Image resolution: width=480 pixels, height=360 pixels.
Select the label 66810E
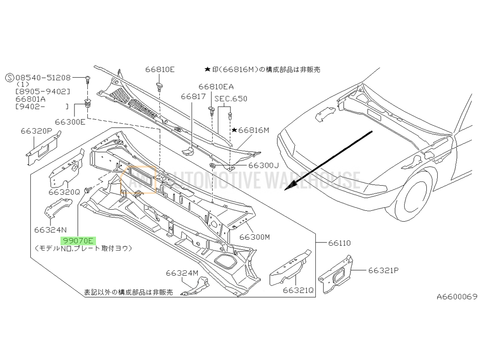pos(159,70)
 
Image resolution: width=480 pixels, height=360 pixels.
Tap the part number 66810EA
pos(216,86)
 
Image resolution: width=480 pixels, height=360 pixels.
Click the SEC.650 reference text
pos(231,99)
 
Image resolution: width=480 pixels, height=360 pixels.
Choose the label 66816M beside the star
pos(253,130)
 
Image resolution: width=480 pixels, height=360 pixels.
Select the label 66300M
pos(255,237)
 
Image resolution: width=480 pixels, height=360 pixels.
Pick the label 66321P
pos(384,270)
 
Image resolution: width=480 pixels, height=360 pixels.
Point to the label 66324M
pos(182,273)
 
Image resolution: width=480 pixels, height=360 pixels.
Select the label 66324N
pos(50,229)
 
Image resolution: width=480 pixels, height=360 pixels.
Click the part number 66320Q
pos(63,192)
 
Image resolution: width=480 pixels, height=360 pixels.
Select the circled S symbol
pos(9,77)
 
